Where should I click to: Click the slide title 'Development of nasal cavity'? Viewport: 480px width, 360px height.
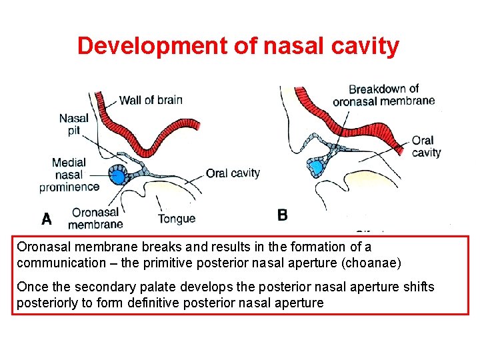coord(239,46)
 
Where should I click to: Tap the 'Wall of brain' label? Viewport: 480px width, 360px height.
coord(151,100)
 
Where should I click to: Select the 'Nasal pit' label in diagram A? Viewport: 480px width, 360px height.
coord(73,125)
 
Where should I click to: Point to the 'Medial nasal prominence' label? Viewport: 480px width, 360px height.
coord(69,175)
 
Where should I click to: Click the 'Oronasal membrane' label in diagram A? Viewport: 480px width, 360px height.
coord(95,218)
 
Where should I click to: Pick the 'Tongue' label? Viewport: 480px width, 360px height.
coord(176,218)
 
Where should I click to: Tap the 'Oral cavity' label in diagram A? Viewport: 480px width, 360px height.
coord(233,173)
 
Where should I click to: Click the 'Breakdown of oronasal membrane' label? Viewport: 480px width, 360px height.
coord(383,95)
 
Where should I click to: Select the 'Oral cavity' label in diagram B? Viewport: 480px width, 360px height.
coord(426,146)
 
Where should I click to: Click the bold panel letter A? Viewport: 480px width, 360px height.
coord(47,218)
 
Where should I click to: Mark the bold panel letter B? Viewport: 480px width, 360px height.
coord(283,215)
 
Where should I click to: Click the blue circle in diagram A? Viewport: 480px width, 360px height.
coord(118,177)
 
